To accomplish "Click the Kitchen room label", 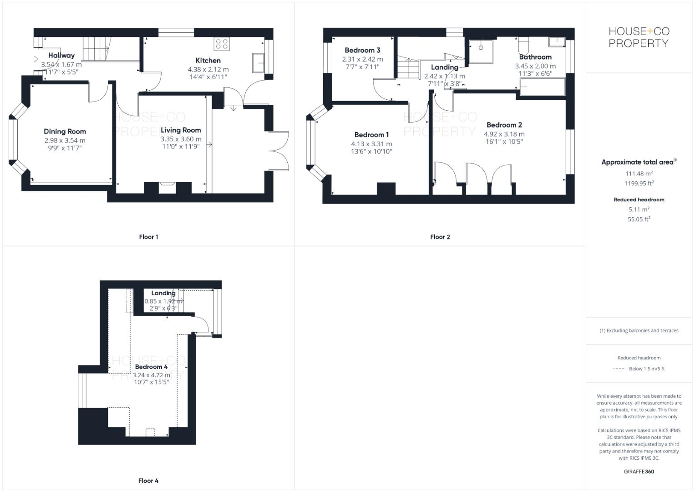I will (208, 61).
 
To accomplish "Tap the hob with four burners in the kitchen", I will (222, 44).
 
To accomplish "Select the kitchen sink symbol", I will (259, 62).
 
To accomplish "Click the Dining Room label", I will (65, 132).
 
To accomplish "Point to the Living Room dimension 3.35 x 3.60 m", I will (181, 139).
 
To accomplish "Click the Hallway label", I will (61, 56).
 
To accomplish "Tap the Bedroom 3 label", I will (362, 51).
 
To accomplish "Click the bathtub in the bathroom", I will (542, 87).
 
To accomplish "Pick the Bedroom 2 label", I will (504, 125).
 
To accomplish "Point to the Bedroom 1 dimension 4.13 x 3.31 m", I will (371, 144).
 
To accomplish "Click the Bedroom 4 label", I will (151, 367).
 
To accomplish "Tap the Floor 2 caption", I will (440, 237).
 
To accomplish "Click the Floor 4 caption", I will (148, 481).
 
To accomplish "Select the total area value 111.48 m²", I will (639, 174).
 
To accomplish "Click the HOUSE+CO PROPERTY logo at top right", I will (639, 37).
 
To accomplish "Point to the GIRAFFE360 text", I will (639, 471).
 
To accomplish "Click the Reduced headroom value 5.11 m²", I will (639, 209).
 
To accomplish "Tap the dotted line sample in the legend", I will (619, 369).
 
